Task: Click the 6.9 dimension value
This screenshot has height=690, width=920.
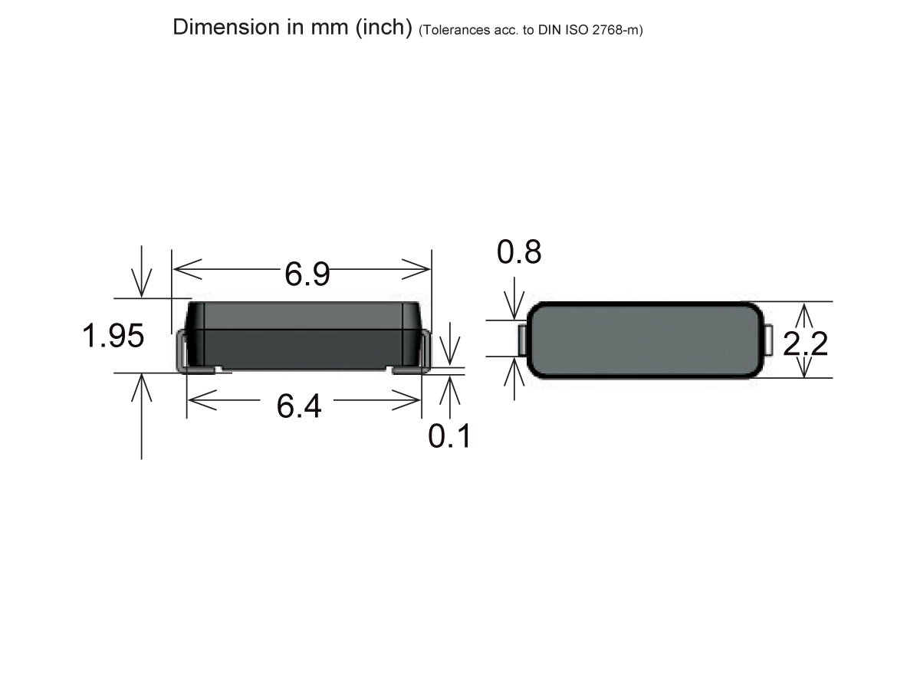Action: click(x=307, y=274)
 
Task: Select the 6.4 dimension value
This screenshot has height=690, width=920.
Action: click(x=299, y=406)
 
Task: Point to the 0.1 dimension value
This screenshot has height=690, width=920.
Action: click(x=449, y=436)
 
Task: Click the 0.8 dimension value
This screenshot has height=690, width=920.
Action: click(x=519, y=252)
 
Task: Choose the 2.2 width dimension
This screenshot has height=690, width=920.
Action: click(x=805, y=344)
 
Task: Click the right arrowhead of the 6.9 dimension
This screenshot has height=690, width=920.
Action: click(x=419, y=269)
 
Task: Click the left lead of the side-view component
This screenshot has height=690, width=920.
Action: click(x=184, y=353)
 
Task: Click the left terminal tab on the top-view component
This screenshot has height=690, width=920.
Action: click(x=523, y=340)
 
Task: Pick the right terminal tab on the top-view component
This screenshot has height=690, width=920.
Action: click(x=768, y=340)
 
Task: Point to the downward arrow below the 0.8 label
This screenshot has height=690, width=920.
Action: click(x=514, y=307)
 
